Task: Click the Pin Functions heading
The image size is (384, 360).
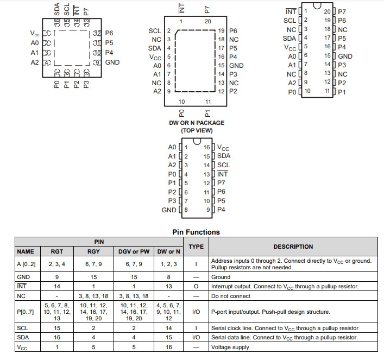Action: (x=196, y=232)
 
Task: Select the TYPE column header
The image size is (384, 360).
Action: (x=196, y=247)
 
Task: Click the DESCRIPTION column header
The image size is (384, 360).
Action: (x=293, y=247)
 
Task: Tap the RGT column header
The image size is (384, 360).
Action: (x=57, y=251)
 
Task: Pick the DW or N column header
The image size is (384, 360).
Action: (x=168, y=251)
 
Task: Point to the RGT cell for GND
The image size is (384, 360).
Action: (x=57, y=276)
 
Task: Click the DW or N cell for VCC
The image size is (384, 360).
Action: (x=168, y=347)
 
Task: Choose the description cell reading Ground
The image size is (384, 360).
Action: (x=222, y=276)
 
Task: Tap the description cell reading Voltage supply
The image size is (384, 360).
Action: (x=230, y=347)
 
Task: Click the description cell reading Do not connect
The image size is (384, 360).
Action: (x=231, y=296)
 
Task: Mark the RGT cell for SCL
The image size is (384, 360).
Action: (x=57, y=328)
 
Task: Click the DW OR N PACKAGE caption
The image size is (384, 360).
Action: (x=196, y=123)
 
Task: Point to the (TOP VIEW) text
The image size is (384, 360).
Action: (x=196, y=130)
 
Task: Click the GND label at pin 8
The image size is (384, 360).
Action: (x=169, y=210)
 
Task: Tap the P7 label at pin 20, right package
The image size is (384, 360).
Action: (x=342, y=11)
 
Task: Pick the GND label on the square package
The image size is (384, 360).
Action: (x=112, y=62)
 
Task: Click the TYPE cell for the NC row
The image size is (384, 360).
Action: (x=196, y=296)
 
